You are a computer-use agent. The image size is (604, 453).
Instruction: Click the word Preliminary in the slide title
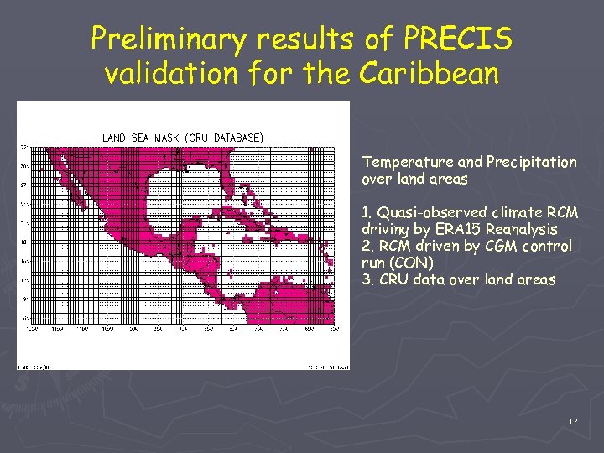[x=159, y=39]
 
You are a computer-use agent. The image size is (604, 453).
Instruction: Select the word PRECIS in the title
[x=458, y=39]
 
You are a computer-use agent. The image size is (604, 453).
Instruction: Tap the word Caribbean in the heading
[x=429, y=74]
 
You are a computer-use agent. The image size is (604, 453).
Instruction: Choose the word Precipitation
[x=531, y=162]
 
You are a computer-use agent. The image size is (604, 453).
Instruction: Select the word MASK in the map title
[x=162, y=137]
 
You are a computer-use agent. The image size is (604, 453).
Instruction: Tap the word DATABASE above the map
[x=237, y=137]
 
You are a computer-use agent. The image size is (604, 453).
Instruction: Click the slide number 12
[x=572, y=421]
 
